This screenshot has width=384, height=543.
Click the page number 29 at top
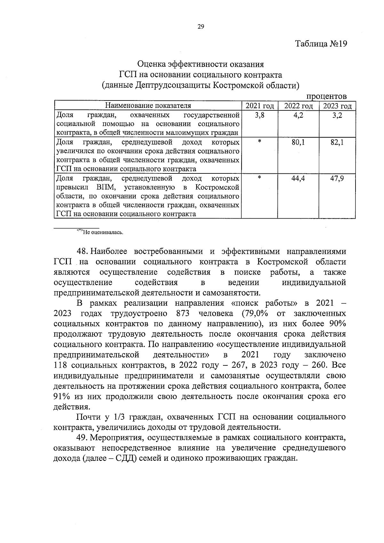[x=201, y=27]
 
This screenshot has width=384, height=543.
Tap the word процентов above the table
[x=326, y=96]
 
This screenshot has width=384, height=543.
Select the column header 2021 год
[x=260, y=106]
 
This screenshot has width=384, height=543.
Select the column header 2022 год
[x=298, y=106]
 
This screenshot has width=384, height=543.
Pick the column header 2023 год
[x=337, y=106]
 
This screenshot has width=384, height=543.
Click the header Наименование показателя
[x=148, y=106]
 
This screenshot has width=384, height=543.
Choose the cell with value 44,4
[x=298, y=179]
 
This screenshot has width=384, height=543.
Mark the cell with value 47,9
[x=337, y=179]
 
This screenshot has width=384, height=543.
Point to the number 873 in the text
[x=183, y=313]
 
